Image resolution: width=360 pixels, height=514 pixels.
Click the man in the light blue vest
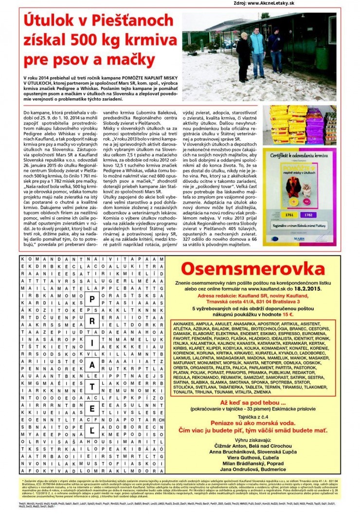click(256, 47)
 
